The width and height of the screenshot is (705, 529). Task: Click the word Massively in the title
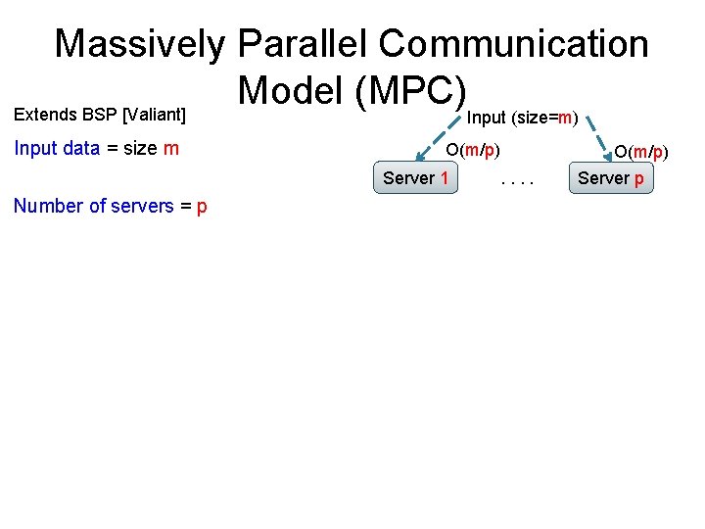(140, 44)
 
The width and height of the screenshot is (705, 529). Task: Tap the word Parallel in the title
(303, 44)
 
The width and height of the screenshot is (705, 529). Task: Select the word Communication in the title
(513, 44)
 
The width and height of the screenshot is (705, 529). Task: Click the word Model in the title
(291, 91)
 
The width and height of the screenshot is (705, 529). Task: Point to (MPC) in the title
(409, 91)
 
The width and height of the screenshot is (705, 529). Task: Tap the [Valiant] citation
(154, 115)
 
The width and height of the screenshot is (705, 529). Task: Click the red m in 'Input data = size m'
(171, 149)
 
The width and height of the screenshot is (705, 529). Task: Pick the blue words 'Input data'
(57, 149)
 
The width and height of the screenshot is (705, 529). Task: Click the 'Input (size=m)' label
(522, 119)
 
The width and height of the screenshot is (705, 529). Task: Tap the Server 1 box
(416, 178)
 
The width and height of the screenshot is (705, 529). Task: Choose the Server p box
(611, 178)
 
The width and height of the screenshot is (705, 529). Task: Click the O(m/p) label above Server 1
(473, 151)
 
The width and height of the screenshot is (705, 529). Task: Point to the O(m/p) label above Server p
(640, 151)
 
